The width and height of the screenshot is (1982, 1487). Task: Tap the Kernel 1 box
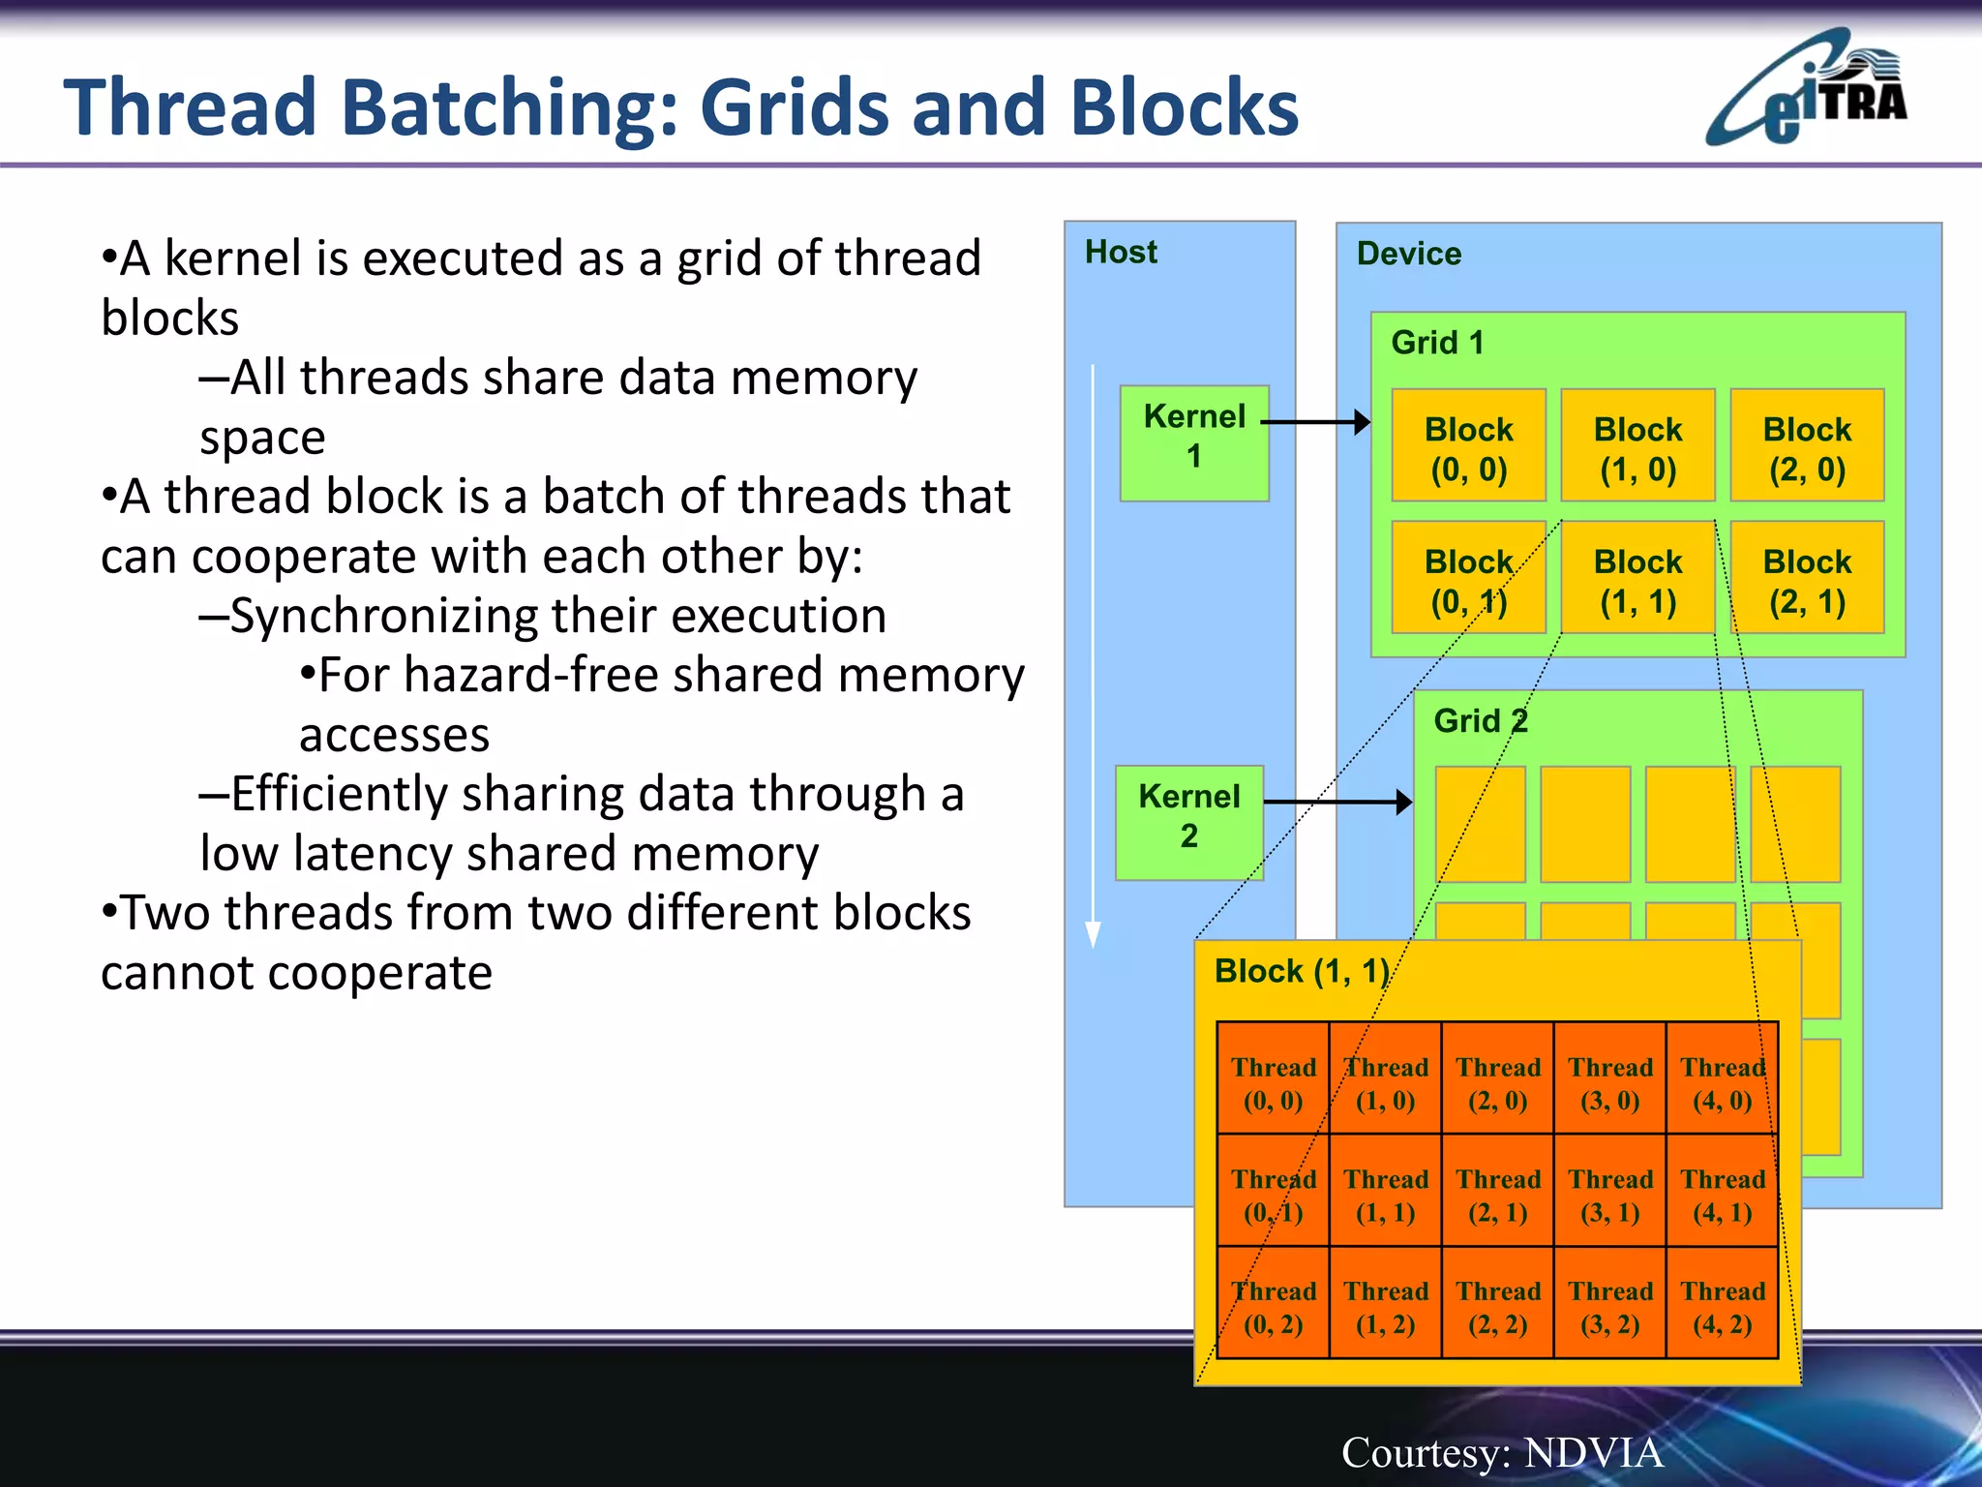(1193, 442)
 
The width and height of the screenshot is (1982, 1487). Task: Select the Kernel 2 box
(1188, 822)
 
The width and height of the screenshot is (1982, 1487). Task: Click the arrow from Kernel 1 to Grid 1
(1316, 422)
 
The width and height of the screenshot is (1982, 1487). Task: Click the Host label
(1121, 252)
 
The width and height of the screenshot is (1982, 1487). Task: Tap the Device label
(1408, 254)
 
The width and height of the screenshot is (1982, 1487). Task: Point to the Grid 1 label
(1436, 343)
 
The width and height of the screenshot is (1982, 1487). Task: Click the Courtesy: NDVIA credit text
(1501, 1452)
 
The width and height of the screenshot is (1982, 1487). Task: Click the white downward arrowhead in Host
(1093, 933)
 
